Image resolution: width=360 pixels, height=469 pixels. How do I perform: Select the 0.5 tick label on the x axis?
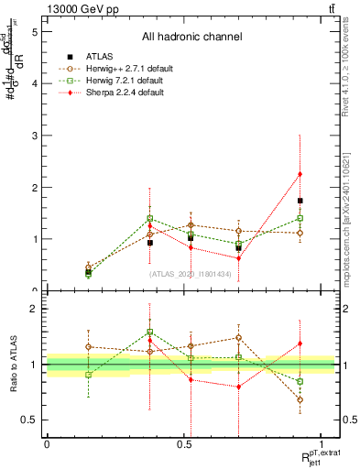pyautogui.click(x=183, y=443)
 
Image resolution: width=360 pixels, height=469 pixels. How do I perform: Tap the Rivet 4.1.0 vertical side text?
pyautogui.click(x=345, y=73)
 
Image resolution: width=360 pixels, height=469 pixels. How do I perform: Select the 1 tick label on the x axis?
pyautogui.click(x=322, y=443)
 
